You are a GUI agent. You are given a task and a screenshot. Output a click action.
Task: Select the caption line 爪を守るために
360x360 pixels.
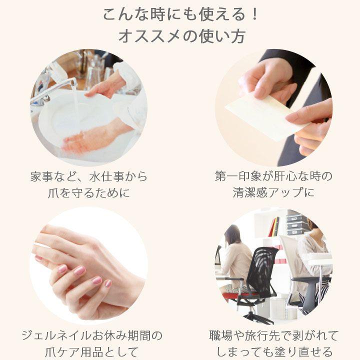pos(89,192)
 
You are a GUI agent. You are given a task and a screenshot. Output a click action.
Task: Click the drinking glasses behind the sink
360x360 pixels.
pos(95,75)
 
